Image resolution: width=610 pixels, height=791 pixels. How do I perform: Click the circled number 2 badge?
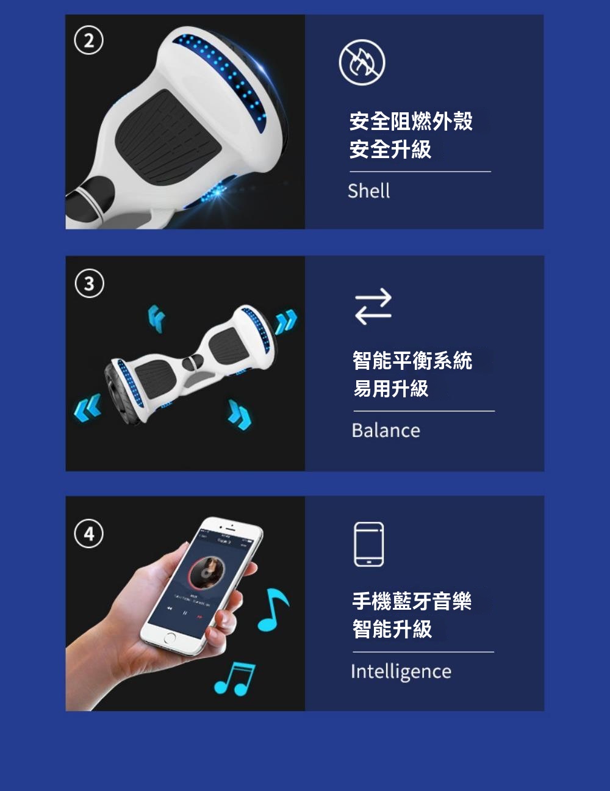88,40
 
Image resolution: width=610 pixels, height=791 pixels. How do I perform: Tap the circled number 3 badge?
89,283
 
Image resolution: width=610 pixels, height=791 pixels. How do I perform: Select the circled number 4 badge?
88,534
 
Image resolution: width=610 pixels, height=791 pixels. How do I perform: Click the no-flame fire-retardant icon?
362,62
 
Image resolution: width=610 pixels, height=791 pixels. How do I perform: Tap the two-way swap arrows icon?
373,306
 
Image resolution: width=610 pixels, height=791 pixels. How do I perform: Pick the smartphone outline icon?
369,544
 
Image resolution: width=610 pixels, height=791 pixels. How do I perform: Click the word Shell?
369,191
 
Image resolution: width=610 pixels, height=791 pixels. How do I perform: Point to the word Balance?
386,430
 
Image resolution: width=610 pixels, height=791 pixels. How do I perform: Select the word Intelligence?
401,671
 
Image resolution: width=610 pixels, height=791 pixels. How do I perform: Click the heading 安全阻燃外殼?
411,121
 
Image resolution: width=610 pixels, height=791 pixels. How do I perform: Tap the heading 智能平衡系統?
412,361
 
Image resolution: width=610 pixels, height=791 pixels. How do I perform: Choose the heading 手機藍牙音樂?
412,601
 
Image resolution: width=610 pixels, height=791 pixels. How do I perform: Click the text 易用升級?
391,388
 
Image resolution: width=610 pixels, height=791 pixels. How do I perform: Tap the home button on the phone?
169,638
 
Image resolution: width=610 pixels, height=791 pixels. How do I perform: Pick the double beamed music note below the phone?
235,679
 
